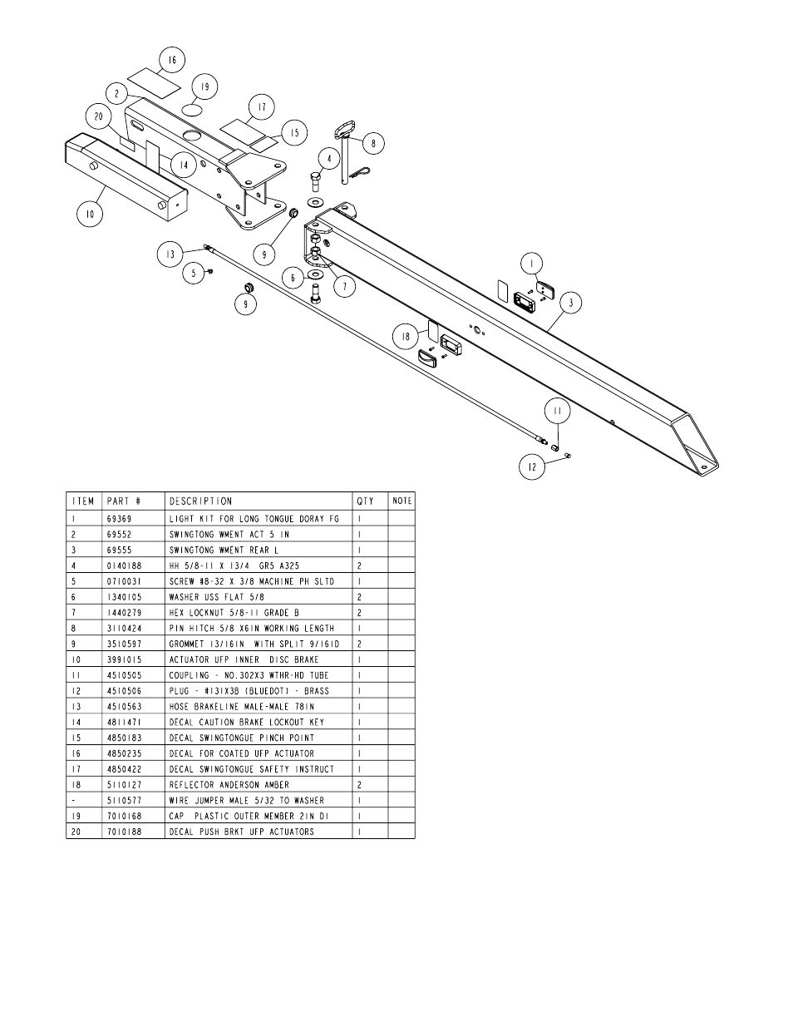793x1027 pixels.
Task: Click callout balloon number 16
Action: click(172, 60)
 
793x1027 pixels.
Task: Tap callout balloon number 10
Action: click(90, 214)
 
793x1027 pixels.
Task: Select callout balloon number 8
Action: click(372, 143)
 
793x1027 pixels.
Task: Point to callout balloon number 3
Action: click(571, 304)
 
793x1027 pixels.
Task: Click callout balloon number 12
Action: click(532, 467)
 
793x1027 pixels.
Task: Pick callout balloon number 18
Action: click(406, 337)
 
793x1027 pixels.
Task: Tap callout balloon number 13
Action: click(170, 254)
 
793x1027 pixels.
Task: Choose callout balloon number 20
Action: click(98, 117)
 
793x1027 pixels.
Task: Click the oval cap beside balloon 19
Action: click(192, 109)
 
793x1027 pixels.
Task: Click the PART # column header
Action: click(124, 501)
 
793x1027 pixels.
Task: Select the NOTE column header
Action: click(401, 501)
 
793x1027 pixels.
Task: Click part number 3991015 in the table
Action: click(124, 659)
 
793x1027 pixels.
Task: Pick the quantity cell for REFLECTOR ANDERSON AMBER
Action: click(359, 784)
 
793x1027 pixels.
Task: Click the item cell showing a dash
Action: click(73, 800)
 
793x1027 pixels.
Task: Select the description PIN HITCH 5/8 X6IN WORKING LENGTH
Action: click(251, 628)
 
